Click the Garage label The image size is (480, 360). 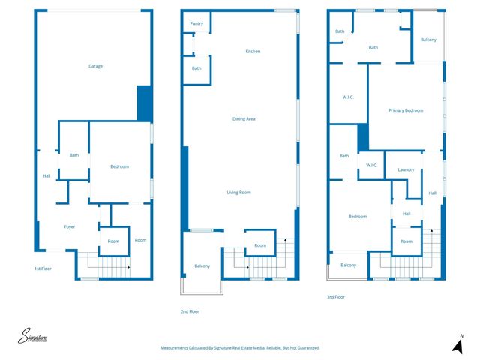(95, 66)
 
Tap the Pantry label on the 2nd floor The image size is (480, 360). (196, 23)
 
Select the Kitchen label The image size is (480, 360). (253, 51)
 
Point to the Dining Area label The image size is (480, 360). (244, 118)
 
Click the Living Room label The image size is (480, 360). (238, 192)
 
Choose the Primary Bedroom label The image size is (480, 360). (406, 110)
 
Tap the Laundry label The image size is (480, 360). (406, 169)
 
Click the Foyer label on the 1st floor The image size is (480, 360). (69, 226)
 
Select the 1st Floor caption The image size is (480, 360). (43, 268)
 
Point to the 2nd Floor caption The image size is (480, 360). (190, 311)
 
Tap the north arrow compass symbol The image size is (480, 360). (456, 344)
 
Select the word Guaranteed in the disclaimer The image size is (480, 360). (303, 348)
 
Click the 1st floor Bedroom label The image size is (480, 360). (120, 166)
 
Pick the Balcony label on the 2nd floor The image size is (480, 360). (202, 266)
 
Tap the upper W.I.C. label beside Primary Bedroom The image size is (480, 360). (348, 97)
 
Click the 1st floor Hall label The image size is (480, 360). (46, 176)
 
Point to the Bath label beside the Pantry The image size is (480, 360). (196, 68)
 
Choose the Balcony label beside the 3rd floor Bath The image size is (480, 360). (428, 40)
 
